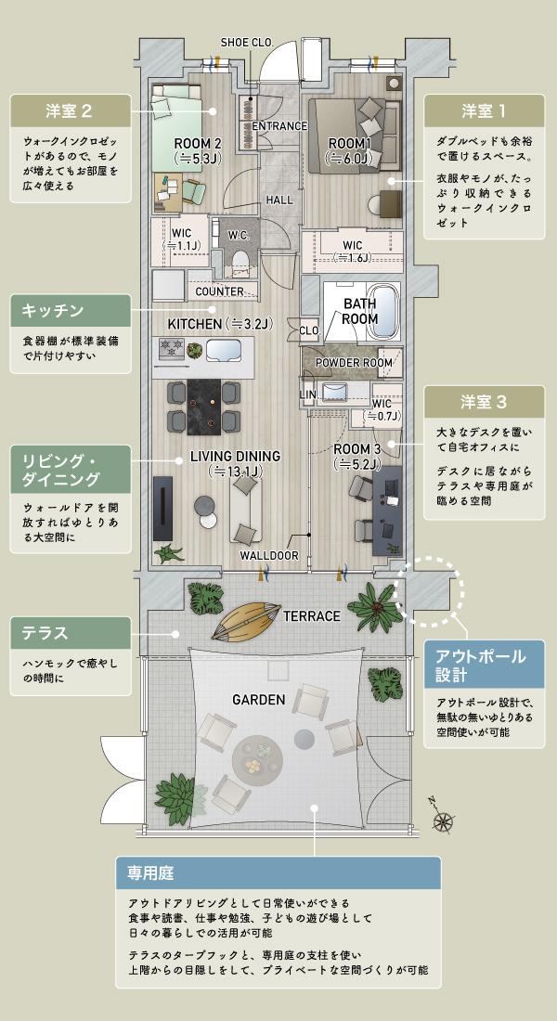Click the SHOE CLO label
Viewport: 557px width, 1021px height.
coord(246,42)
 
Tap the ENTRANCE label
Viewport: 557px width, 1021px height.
coord(279,126)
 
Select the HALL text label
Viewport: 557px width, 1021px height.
coord(279,200)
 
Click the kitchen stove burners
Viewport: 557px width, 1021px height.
coord(173,349)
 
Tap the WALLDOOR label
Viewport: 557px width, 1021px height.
coord(269,555)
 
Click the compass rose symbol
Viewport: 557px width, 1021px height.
coord(444,818)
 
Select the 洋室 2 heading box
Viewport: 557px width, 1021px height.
coord(70,111)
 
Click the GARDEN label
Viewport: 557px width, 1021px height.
coord(258,699)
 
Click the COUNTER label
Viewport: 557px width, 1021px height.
coord(220,291)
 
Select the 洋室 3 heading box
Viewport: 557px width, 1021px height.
coord(484,402)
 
